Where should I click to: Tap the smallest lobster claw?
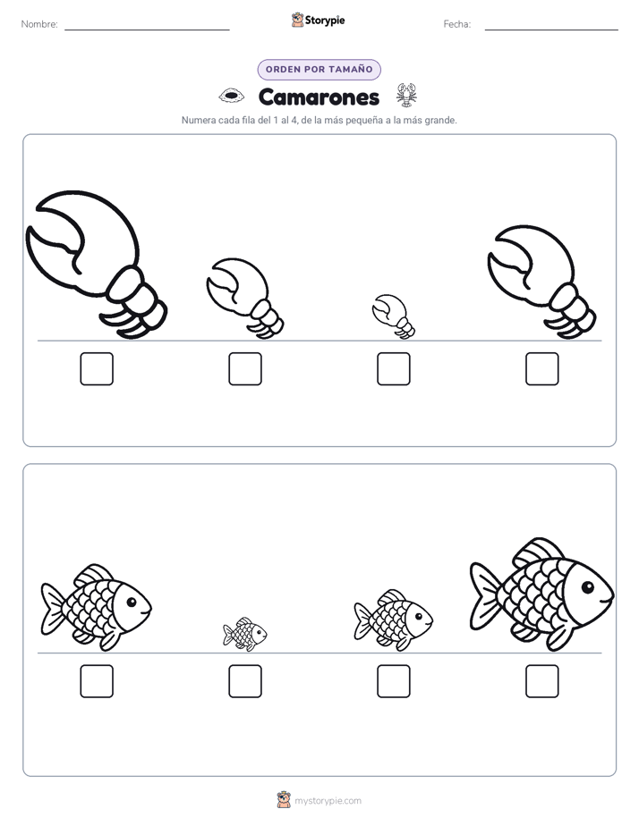pyautogui.click(x=393, y=315)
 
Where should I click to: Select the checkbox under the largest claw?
pyautogui.click(x=97, y=368)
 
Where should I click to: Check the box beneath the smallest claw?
pyautogui.click(x=393, y=368)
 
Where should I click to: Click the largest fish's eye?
pyautogui.click(x=587, y=586)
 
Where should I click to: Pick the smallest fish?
pyautogui.click(x=244, y=634)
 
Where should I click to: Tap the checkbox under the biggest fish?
pyautogui.click(x=542, y=681)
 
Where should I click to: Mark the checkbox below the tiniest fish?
pyautogui.click(x=245, y=681)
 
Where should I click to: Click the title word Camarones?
pyautogui.click(x=319, y=97)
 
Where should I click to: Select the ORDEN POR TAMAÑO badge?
pyautogui.click(x=319, y=70)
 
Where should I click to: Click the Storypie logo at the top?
pyautogui.click(x=318, y=20)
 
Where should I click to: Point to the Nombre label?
pyautogui.click(x=39, y=24)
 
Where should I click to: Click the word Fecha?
pyautogui.click(x=457, y=24)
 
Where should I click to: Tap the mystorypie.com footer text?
pyautogui.click(x=328, y=801)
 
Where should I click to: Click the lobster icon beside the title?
pyautogui.click(x=406, y=95)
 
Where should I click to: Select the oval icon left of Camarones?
pyautogui.click(x=232, y=96)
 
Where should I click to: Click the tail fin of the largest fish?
pyautogui.click(x=484, y=595)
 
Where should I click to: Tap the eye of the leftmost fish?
pyautogui.click(x=132, y=602)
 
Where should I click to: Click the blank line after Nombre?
pyautogui.click(x=147, y=29)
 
